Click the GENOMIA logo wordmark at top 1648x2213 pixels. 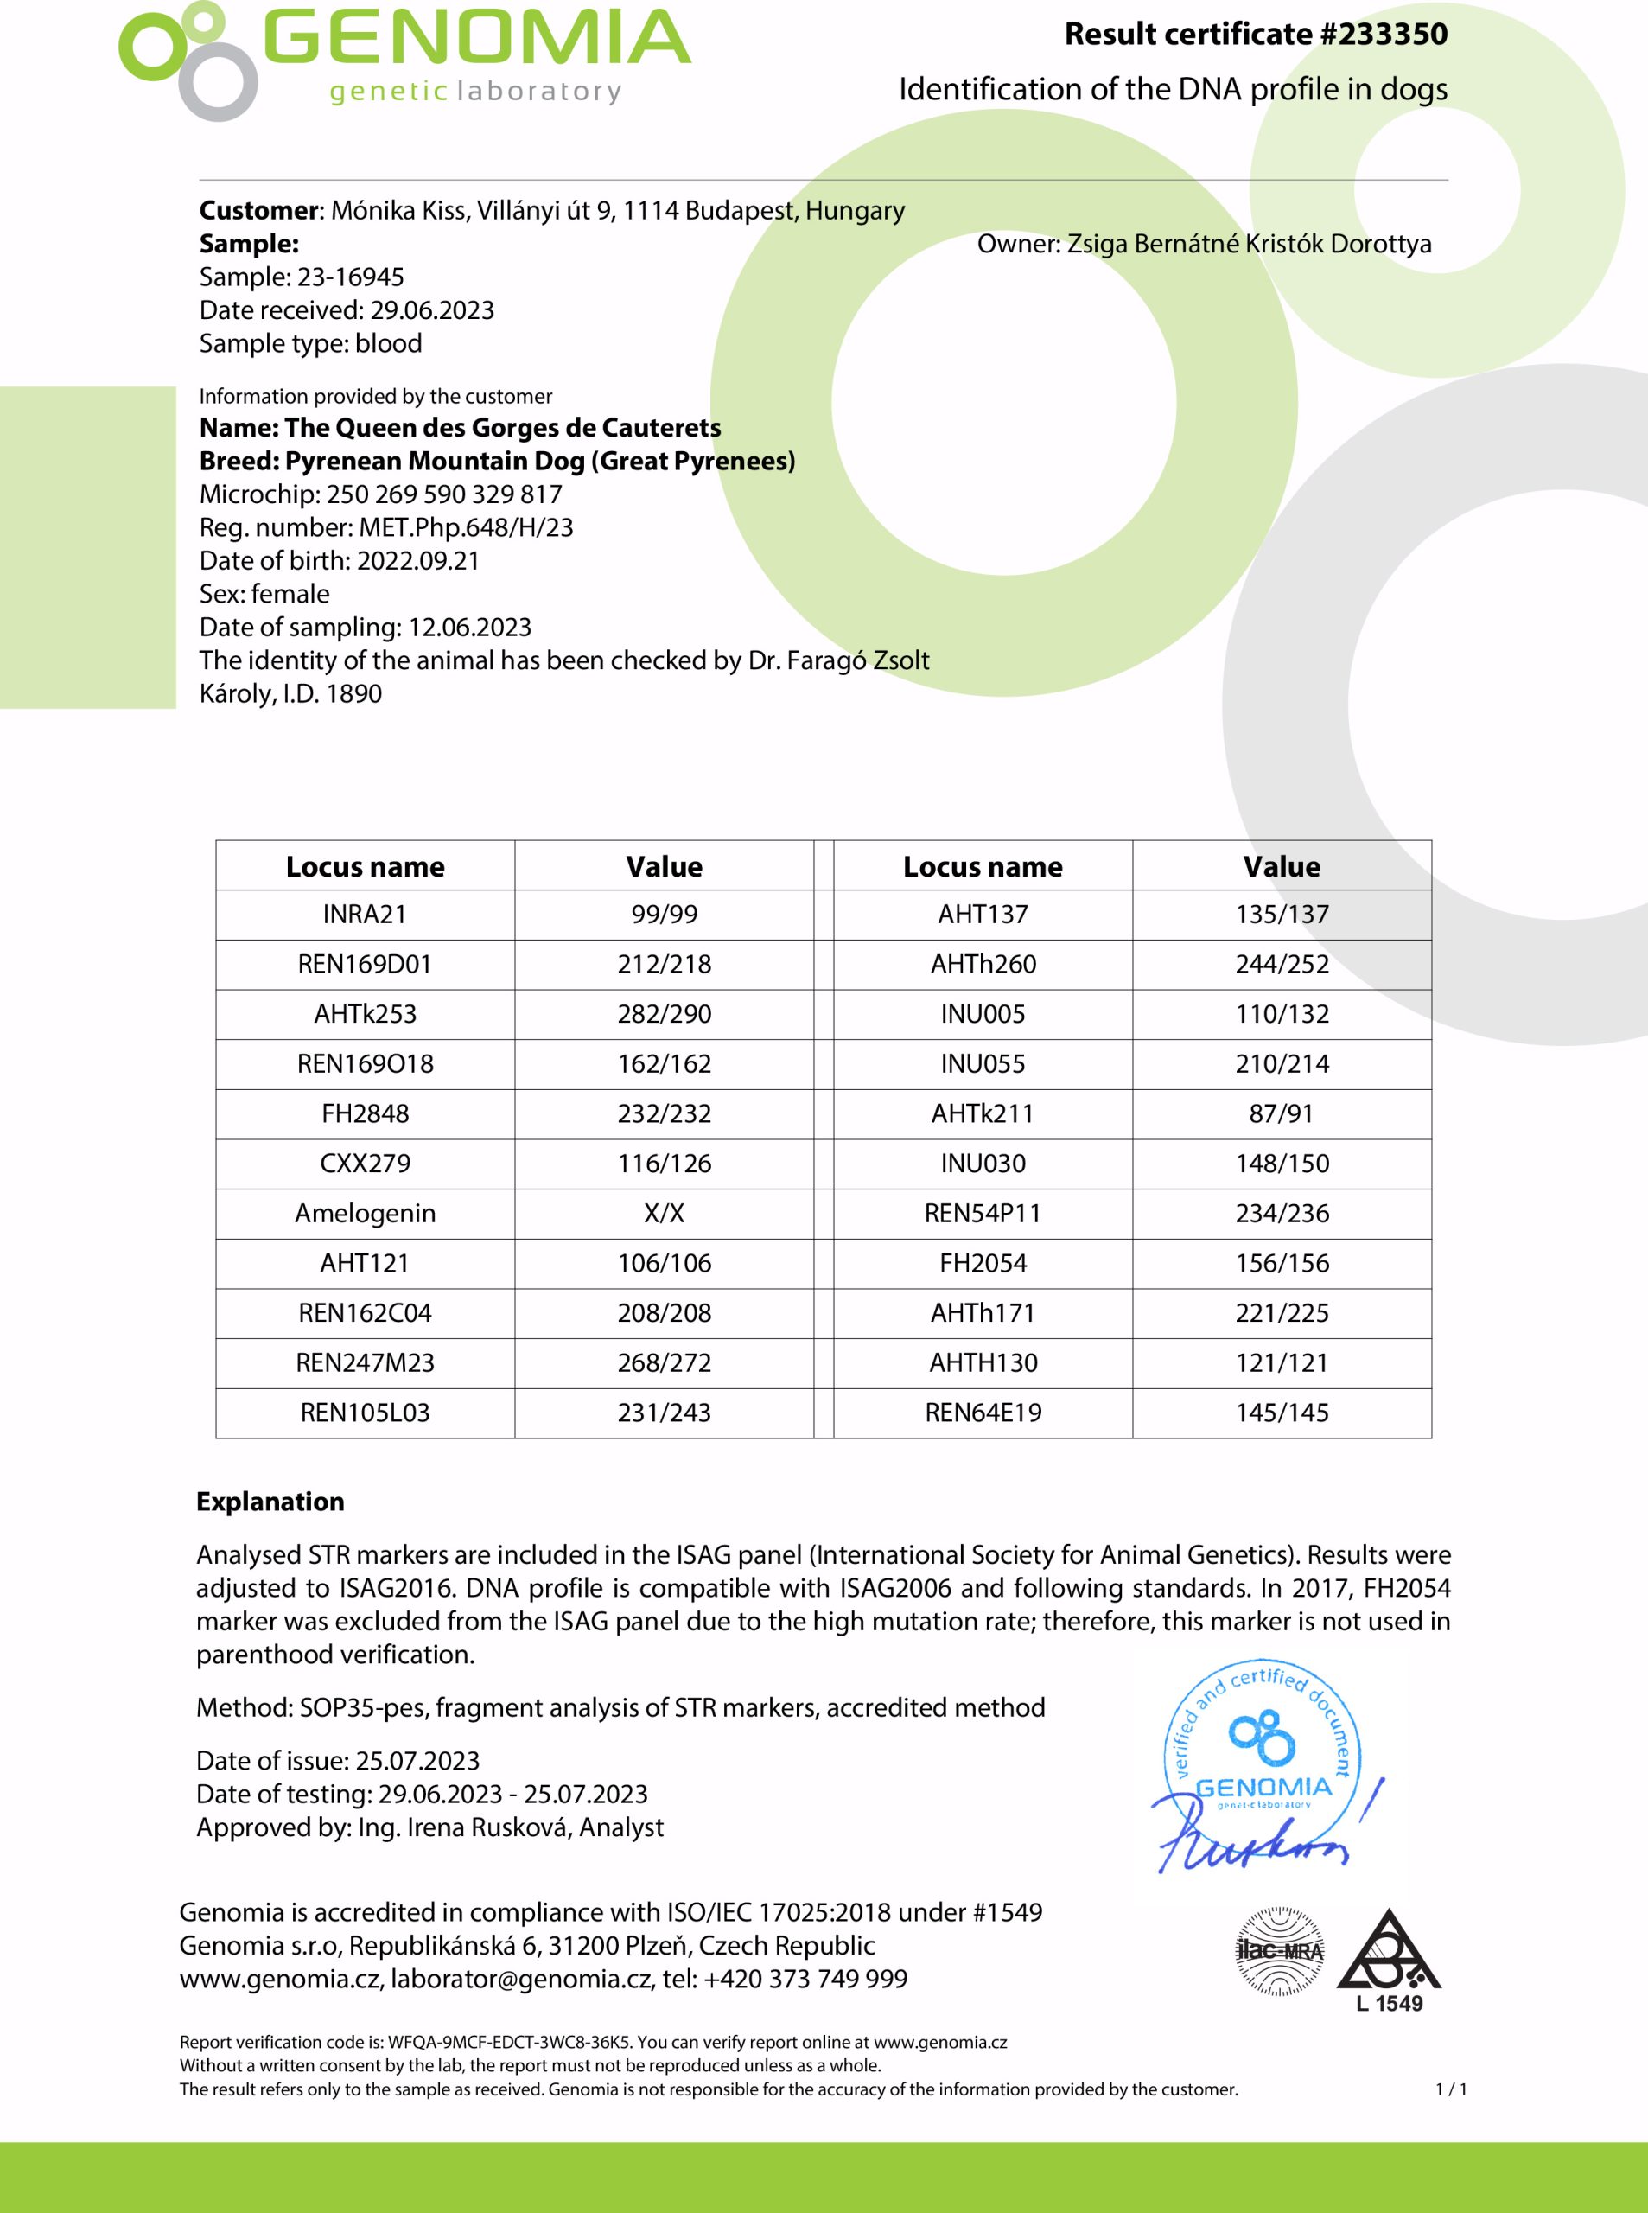pyautogui.click(x=477, y=40)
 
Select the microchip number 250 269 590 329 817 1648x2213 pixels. pyautogui.click(x=444, y=494)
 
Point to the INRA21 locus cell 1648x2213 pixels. pyautogui.click(x=365, y=914)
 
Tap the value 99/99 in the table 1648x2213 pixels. pyautogui.click(x=665, y=914)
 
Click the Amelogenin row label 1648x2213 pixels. pyautogui.click(x=365, y=1213)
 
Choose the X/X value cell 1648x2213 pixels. pyautogui.click(x=665, y=1213)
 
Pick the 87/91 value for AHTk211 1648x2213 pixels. pyautogui.click(x=1282, y=1113)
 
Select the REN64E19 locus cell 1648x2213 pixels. pyautogui.click(x=983, y=1413)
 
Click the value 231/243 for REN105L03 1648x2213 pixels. pyautogui.click(x=665, y=1413)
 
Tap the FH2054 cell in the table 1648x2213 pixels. pyautogui.click(x=983, y=1263)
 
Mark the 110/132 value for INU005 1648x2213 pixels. pyautogui.click(x=1282, y=1014)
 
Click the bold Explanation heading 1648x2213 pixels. pyautogui.click(x=270, y=1502)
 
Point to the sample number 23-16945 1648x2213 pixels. pyautogui.click(x=350, y=277)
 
